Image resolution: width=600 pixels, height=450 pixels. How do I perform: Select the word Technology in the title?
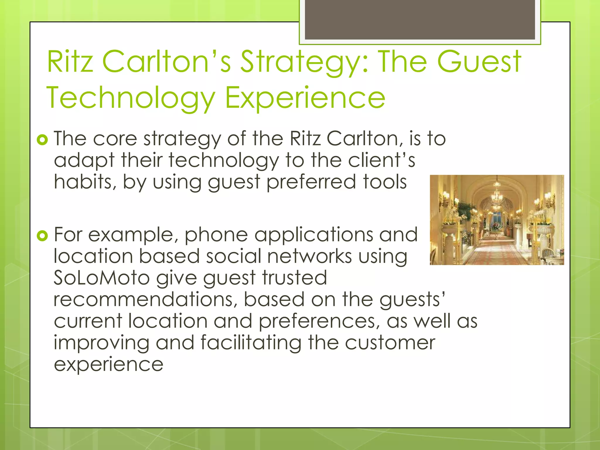131,98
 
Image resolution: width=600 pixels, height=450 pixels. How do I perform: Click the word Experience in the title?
305,98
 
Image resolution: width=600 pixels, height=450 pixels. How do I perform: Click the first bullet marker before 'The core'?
42,140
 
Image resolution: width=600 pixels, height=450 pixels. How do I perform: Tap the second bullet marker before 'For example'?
42,236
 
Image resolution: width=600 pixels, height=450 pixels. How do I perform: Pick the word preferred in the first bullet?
311,182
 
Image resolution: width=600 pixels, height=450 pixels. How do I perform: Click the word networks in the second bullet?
309,256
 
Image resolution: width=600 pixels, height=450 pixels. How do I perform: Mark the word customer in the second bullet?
390,342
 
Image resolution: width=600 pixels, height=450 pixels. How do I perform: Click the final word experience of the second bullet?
108,364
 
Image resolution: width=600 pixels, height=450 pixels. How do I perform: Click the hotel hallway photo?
497,220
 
